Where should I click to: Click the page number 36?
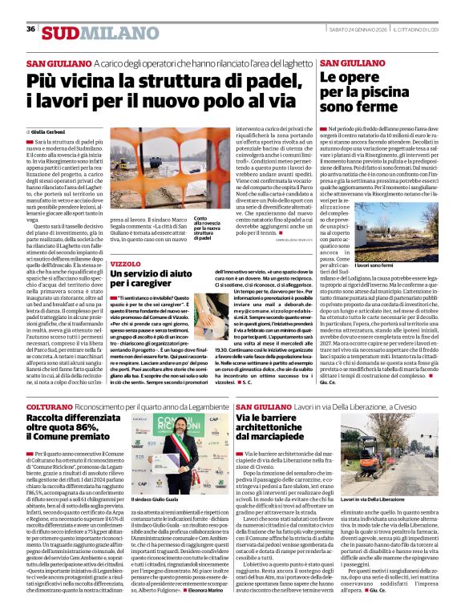(30, 29)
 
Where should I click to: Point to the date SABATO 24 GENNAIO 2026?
(357, 29)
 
